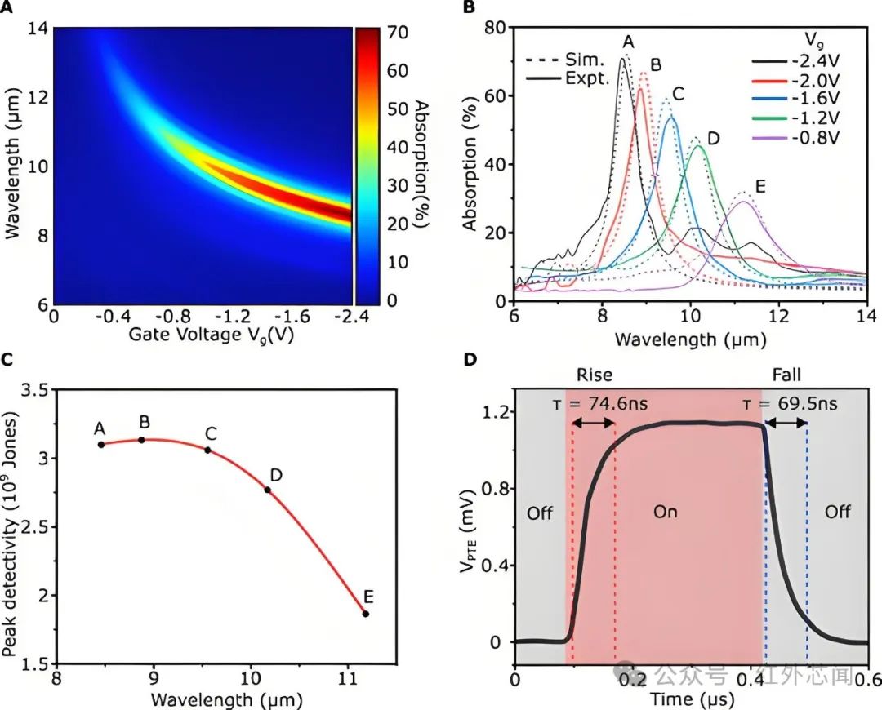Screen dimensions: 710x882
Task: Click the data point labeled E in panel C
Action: pyautogui.click(x=366, y=614)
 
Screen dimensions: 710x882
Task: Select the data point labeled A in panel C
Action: pyautogui.click(x=100, y=444)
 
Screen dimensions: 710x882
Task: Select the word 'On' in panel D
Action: pyautogui.click(x=666, y=513)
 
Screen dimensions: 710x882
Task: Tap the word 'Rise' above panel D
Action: pyautogui.click(x=594, y=375)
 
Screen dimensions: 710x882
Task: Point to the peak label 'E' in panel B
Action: pyautogui.click(x=760, y=187)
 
